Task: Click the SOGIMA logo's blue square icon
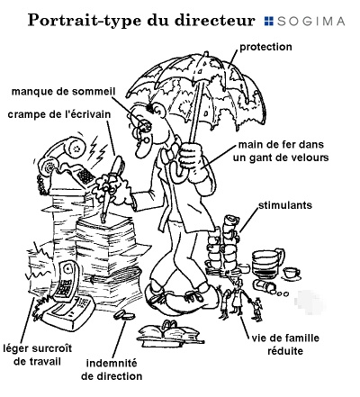point(269,21)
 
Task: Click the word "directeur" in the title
point(215,21)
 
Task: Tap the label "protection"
point(265,47)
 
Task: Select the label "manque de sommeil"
point(63,92)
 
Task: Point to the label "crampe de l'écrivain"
point(59,114)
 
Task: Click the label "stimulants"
point(285,205)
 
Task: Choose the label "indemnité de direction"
point(112,370)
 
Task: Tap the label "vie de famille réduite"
point(285,345)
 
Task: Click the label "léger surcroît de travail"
point(38,355)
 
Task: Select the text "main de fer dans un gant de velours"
point(281,151)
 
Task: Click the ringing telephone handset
point(61,151)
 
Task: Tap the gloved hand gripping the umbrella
point(192,159)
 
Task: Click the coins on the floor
point(124,315)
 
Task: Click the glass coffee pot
point(267,264)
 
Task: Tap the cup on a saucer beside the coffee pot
point(291,274)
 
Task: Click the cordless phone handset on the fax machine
point(67,281)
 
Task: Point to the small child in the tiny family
point(256,308)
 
